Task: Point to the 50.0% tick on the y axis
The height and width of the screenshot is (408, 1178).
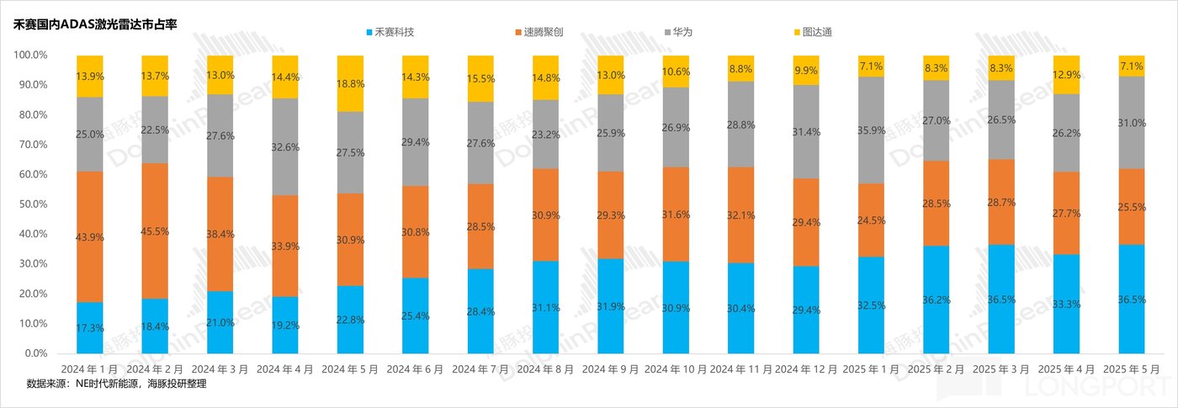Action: [x=30, y=204]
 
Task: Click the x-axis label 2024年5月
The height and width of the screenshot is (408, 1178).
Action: [x=350, y=369]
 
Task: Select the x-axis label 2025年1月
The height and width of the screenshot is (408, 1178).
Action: [x=871, y=369]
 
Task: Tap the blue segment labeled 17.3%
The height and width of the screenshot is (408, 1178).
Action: [x=90, y=327]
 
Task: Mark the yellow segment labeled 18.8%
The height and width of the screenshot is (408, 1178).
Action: [x=350, y=83]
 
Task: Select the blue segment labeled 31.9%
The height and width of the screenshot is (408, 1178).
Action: [x=611, y=305]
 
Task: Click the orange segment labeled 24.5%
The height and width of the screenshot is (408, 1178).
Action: [x=871, y=220]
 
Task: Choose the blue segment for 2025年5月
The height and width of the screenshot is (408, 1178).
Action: [x=1132, y=299]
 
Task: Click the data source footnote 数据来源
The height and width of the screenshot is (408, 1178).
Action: [x=117, y=384]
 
